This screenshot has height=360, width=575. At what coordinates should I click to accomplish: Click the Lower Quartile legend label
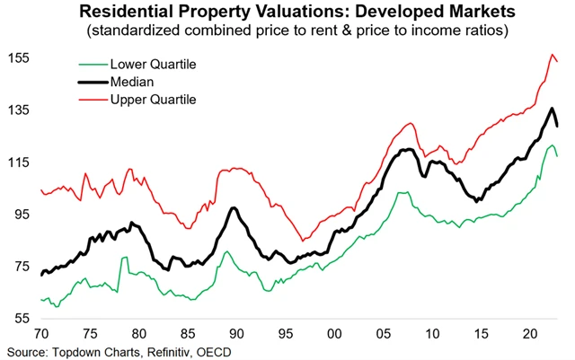pyautogui.click(x=152, y=66)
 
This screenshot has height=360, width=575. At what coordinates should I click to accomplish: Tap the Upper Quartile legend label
pyautogui.click(x=153, y=98)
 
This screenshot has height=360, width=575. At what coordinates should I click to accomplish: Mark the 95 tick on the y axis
pyautogui.click(x=21, y=215)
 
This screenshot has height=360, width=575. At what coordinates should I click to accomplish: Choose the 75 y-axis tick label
pyautogui.click(x=21, y=267)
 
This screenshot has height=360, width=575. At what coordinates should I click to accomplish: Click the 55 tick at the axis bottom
pyautogui.click(x=21, y=319)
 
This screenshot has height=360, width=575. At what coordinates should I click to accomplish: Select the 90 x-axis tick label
pyautogui.click(x=232, y=333)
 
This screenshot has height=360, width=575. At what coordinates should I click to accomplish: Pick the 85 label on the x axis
pyautogui.click(x=188, y=333)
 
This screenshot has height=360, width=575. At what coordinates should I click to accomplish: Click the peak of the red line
pyautogui.click(x=552, y=55)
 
